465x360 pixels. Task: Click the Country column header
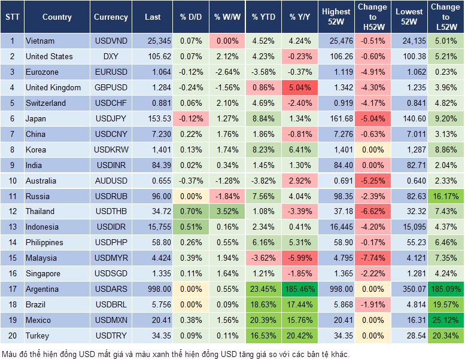tap(57, 17)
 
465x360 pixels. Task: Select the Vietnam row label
tap(41, 41)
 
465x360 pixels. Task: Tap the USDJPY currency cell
tap(111, 119)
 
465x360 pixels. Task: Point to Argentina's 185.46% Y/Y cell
tap(300, 289)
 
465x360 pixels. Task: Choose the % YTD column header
tap(263, 17)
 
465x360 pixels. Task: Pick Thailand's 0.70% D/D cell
tap(190, 212)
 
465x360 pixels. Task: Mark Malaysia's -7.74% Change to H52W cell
tap(372, 258)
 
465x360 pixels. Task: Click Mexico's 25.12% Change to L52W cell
tap(446, 321)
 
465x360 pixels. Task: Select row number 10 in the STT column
tap(12, 181)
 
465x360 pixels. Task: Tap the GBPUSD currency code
tap(111, 88)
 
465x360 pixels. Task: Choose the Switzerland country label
tap(46, 103)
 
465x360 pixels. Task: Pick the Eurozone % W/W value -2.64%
tap(227, 72)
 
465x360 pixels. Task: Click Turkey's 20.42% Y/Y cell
tap(300, 336)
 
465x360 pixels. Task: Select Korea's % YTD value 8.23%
tap(263, 150)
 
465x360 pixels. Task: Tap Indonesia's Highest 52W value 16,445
tap(336, 227)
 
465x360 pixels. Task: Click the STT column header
tap(12, 17)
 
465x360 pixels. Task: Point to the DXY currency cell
tap(111, 57)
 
